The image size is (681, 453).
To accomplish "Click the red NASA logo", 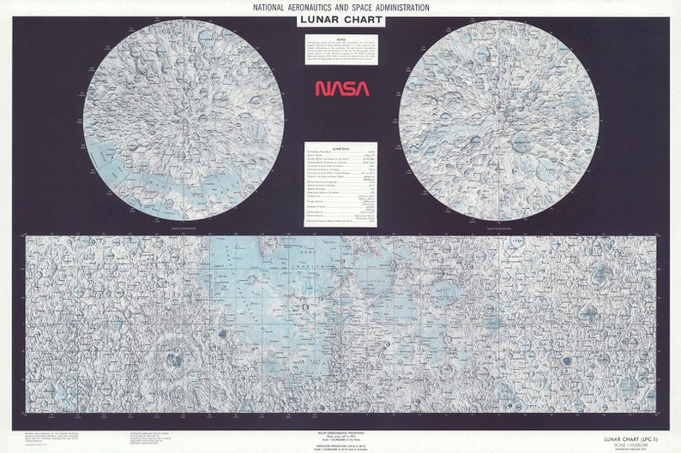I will coord(341,88).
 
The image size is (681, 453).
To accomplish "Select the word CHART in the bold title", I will coord(362,21).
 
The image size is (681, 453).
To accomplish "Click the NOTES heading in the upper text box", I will coord(341,39).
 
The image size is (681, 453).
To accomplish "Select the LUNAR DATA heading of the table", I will coord(341,148).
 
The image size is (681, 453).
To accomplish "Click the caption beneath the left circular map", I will coord(183,229).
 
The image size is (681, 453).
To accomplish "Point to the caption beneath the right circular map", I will coord(498,229).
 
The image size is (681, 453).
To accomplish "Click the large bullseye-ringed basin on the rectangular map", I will coord(174,360).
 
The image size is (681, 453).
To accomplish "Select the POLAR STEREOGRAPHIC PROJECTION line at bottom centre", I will coord(340,434).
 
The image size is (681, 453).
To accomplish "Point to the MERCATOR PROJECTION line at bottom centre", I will coord(340,444).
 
